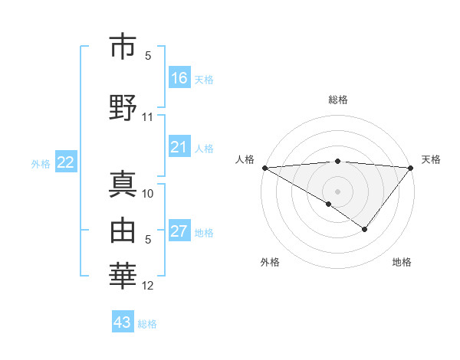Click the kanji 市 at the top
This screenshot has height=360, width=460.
tap(124, 47)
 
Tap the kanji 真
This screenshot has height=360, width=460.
tap(124, 185)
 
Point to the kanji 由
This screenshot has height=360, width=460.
tap(124, 229)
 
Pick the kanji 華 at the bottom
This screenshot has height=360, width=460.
tap(124, 275)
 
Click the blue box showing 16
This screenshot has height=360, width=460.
tap(179, 78)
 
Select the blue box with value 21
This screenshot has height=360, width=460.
tap(179, 147)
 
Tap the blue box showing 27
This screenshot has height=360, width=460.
tap(179, 231)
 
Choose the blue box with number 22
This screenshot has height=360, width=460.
tap(66, 162)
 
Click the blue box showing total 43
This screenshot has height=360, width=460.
tap(123, 322)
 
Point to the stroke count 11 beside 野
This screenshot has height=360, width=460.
tap(148, 117)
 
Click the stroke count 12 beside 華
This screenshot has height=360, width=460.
tap(148, 286)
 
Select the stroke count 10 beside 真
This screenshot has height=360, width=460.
tap(148, 194)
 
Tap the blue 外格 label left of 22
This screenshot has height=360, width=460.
tap(41, 163)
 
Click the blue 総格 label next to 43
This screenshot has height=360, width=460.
tap(148, 323)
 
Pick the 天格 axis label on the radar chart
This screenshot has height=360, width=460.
tap(431, 159)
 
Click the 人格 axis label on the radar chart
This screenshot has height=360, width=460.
tap(245, 159)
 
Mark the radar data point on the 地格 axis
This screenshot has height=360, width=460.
tap(365, 229)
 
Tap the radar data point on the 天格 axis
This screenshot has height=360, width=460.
tap(411, 167)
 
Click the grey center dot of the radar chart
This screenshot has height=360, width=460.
tap(337, 191)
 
